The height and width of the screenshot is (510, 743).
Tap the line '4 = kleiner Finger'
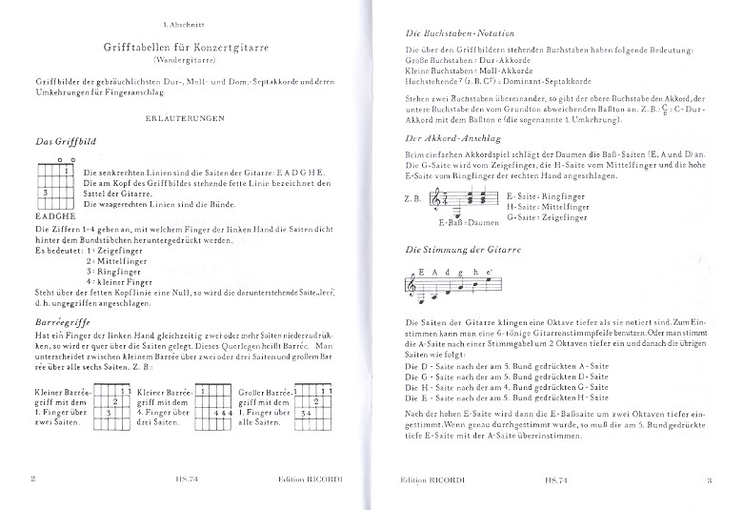coord(120,283)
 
